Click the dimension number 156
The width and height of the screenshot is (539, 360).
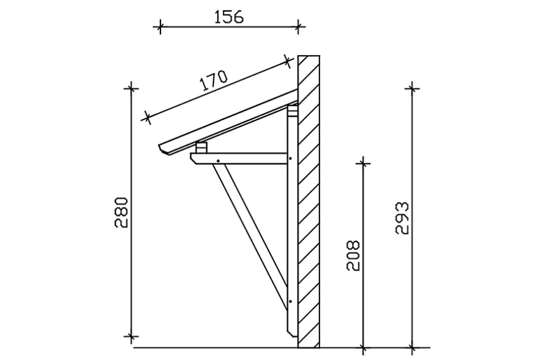click(229, 17)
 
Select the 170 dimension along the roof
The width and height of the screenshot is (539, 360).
click(213, 81)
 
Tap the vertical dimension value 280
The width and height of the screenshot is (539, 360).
click(123, 213)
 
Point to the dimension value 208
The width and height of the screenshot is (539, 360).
click(354, 255)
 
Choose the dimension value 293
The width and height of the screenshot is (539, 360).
click(402, 218)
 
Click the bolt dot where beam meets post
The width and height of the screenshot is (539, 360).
click(291, 159)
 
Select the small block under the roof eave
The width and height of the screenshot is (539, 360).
click(201, 148)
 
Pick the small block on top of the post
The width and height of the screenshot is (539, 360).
click(292, 111)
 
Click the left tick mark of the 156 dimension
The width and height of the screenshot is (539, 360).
click(160, 26)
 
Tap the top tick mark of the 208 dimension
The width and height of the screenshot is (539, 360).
click(362, 163)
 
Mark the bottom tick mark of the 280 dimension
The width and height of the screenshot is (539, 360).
click(132, 336)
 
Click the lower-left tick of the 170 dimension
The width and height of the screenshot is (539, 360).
click(147, 118)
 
